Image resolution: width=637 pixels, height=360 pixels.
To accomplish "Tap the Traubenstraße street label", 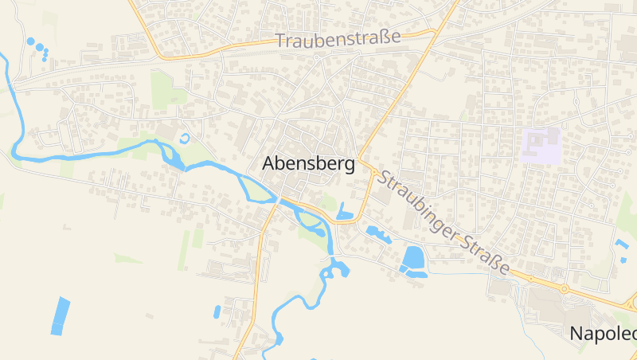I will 338,39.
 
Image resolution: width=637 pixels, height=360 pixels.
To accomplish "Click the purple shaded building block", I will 541,145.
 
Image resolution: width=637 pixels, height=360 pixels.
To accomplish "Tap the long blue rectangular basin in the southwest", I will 61,315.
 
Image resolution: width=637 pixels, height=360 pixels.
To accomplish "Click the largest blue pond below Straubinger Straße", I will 413,259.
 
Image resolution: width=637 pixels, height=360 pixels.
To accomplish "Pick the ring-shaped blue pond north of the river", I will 186,139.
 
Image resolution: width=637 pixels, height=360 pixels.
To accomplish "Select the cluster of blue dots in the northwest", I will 38,48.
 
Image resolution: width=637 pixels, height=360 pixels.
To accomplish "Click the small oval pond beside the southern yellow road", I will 217,311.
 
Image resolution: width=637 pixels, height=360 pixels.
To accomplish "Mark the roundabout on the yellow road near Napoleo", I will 564,289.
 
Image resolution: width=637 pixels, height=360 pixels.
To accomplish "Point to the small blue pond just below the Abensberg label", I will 345,212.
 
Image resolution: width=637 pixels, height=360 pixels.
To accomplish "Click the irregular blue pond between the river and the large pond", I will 377,233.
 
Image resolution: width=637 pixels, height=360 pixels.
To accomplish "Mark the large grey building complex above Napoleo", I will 549,307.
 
